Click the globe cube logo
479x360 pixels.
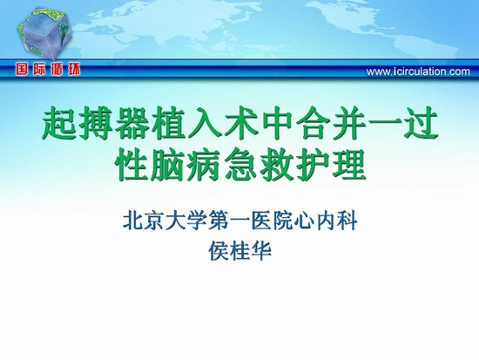(x=44, y=33)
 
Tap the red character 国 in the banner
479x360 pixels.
(x=22, y=70)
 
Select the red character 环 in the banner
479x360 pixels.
(x=74, y=70)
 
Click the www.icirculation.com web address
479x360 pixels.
(x=418, y=71)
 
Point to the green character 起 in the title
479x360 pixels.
(x=59, y=123)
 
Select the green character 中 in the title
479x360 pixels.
(x=276, y=123)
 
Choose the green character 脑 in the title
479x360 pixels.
(x=168, y=165)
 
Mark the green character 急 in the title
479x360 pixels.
(x=240, y=165)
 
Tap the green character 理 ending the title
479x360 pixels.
(x=349, y=165)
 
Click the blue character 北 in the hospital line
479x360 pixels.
(x=133, y=221)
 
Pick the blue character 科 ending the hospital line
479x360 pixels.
(x=347, y=221)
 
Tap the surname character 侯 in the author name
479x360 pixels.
(x=219, y=251)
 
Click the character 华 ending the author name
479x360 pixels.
(x=261, y=251)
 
